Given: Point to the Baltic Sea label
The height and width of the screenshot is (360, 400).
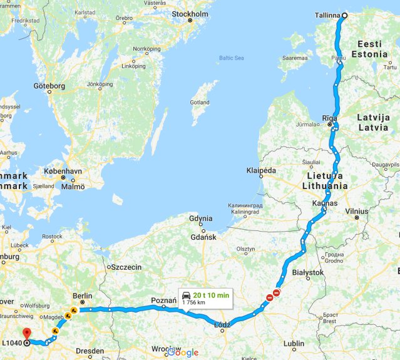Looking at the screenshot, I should coord(231,58).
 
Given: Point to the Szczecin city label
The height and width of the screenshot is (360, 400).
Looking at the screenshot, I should coord(127,267).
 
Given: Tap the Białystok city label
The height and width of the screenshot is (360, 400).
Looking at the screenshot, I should coord(307,272).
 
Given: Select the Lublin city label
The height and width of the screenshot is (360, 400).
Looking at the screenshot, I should coord(294,343).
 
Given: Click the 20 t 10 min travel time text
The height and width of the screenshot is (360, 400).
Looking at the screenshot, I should coord(211,294).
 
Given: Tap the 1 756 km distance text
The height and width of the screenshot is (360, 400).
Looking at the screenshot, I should coord(194,302).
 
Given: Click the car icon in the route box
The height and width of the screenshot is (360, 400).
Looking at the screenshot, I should coord(186,294).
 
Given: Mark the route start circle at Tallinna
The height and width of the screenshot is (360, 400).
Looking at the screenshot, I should coord(344,16).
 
